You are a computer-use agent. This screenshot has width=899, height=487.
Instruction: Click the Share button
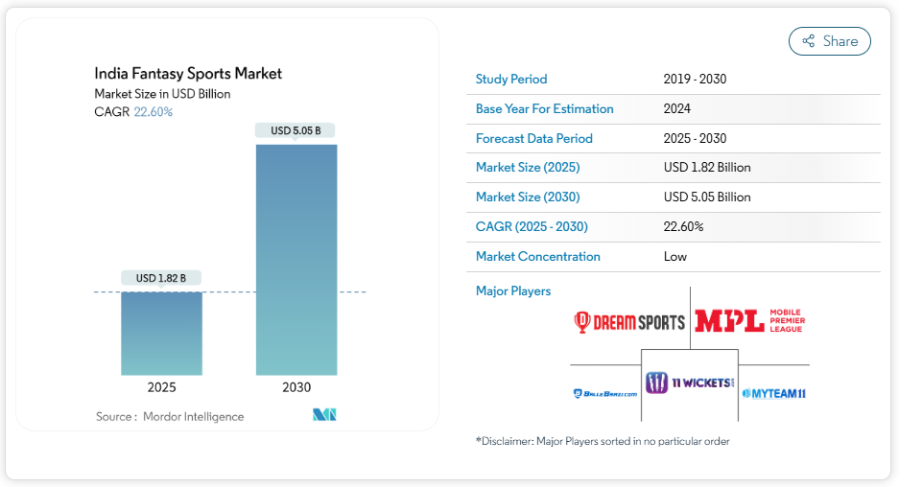pyautogui.click(x=829, y=41)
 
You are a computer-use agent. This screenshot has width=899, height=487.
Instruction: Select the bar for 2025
pyautogui.click(x=161, y=333)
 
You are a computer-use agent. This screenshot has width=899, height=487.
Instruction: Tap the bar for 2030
pyautogui.click(x=296, y=259)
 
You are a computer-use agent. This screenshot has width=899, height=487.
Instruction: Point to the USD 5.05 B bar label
pyautogui.click(x=296, y=130)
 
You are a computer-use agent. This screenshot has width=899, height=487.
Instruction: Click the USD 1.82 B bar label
pyautogui.click(x=161, y=278)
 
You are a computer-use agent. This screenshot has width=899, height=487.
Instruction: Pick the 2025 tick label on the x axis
pyautogui.click(x=161, y=387)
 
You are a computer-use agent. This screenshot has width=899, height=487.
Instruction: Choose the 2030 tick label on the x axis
pyautogui.click(x=296, y=387)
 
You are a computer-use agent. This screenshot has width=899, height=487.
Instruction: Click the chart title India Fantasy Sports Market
pyautogui.click(x=188, y=73)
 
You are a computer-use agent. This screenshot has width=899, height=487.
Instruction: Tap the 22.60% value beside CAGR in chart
pyautogui.click(x=153, y=112)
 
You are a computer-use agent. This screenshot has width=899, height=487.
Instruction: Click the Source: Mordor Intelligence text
pyautogui.click(x=170, y=416)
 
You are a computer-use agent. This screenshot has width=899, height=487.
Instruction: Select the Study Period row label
pyautogui.click(x=511, y=79)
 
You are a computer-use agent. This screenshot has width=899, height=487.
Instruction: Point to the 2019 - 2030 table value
pyautogui.click(x=695, y=79)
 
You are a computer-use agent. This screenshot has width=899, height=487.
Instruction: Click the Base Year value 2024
pyautogui.click(x=676, y=108)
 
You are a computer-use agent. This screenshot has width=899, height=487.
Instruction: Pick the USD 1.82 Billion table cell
pyautogui.click(x=707, y=167)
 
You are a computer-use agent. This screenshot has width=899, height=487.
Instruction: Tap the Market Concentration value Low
pyautogui.click(x=674, y=256)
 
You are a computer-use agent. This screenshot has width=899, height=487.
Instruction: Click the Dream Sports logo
pyautogui.click(x=629, y=322)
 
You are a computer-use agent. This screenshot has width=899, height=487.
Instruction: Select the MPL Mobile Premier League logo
pyautogui.click(x=749, y=321)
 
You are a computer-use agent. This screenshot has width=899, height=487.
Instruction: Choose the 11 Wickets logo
pyautogui.click(x=690, y=383)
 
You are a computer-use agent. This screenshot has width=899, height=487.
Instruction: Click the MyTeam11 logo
pyautogui.click(x=773, y=393)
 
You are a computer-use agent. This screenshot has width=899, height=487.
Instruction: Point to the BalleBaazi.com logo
pyautogui.click(x=604, y=393)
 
